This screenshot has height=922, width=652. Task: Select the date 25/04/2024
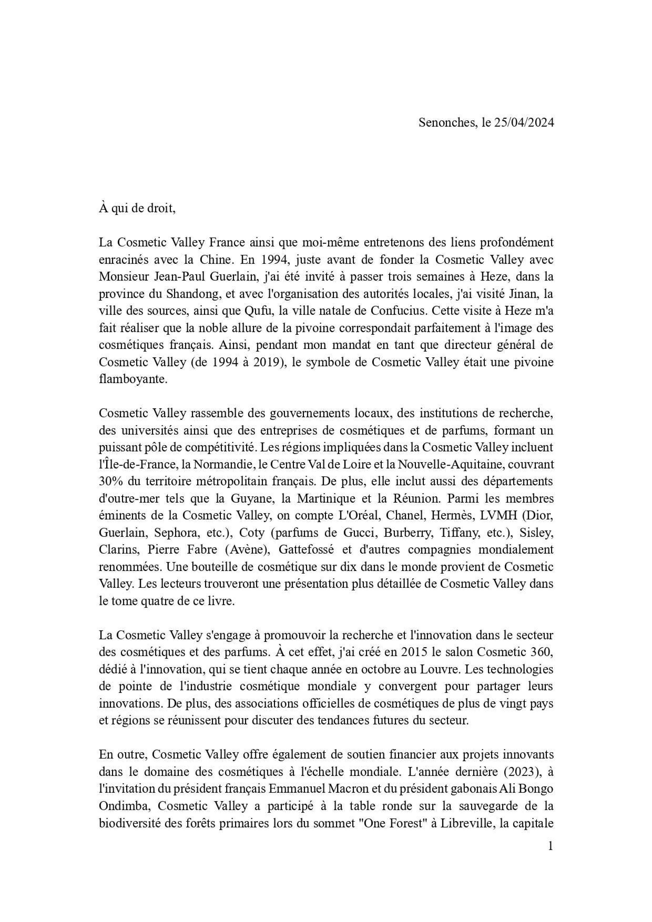coord(524,122)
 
